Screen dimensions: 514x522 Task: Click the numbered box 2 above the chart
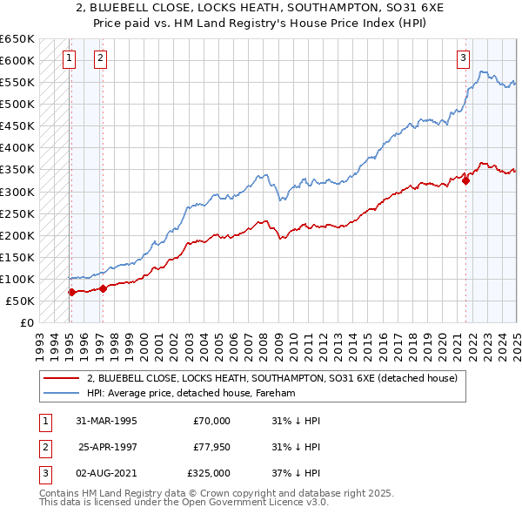pyautogui.click(x=101, y=58)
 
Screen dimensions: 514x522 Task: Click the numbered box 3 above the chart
pyautogui.click(x=464, y=58)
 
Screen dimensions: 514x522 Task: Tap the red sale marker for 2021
pyautogui.click(x=465, y=180)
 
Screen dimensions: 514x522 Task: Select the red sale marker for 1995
pyautogui.click(x=71, y=292)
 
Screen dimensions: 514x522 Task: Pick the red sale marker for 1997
pyautogui.click(x=103, y=288)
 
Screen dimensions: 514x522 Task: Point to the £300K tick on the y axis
pyautogui.click(x=17, y=192)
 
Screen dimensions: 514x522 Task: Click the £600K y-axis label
pyautogui.click(x=17, y=60)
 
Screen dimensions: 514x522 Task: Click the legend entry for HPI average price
pyautogui.click(x=191, y=394)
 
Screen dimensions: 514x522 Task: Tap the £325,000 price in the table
pyautogui.click(x=210, y=473)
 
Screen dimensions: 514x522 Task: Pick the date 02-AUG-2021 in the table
pyautogui.click(x=107, y=473)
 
